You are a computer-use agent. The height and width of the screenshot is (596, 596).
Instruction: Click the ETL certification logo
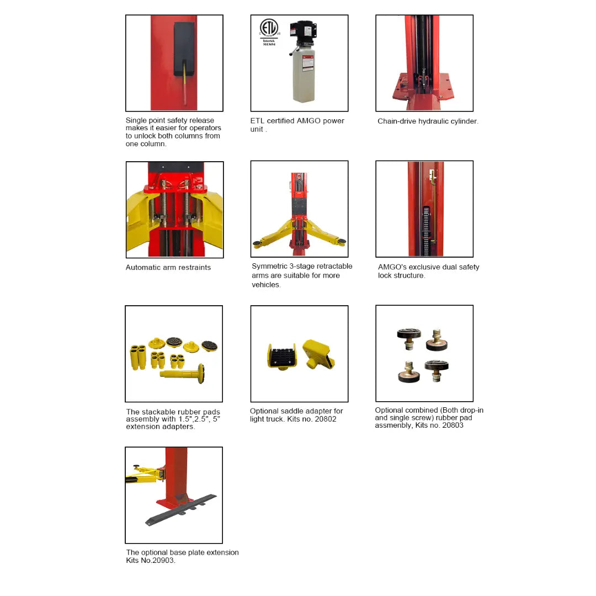click(269, 28)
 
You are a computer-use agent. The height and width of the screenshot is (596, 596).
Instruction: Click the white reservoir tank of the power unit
click(304, 74)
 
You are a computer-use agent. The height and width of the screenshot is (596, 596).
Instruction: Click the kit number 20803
click(453, 425)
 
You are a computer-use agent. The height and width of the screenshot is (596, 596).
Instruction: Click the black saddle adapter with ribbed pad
click(281, 356)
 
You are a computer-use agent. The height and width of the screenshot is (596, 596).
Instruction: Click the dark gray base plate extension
click(181, 510)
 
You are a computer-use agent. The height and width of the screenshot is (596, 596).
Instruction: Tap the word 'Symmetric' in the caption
click(269, 266)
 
